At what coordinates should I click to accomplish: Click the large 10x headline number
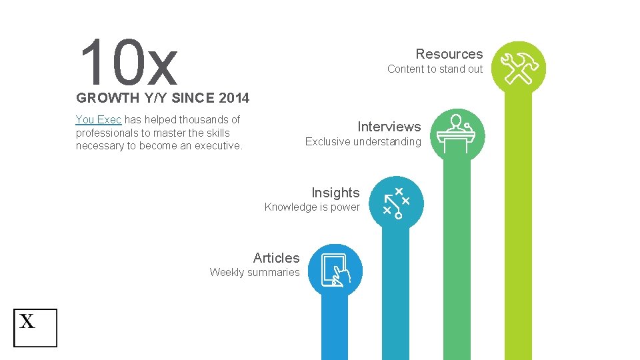(128, 62)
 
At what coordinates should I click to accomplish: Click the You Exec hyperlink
(98, 120)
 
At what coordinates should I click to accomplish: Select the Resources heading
(449, 54)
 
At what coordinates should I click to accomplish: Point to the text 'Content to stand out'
(435, 69)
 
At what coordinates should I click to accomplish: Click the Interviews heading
(389, 127)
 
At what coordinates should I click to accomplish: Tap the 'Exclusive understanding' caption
(363, 141)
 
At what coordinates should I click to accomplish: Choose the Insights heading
(335, 193)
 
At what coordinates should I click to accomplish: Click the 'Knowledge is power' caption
(312, 207)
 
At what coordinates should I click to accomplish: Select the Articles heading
(276, 258)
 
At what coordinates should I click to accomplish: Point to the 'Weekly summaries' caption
(255, 272)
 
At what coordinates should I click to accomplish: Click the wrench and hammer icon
(518, 68)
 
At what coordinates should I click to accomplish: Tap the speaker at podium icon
(457, 134)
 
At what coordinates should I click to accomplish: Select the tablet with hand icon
(335, 270)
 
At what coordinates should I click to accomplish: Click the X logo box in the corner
(35, 327)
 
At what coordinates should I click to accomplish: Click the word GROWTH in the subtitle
(107, 99)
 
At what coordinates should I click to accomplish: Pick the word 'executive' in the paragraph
(218, 145)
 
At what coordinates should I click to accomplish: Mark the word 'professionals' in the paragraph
(107, 133)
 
